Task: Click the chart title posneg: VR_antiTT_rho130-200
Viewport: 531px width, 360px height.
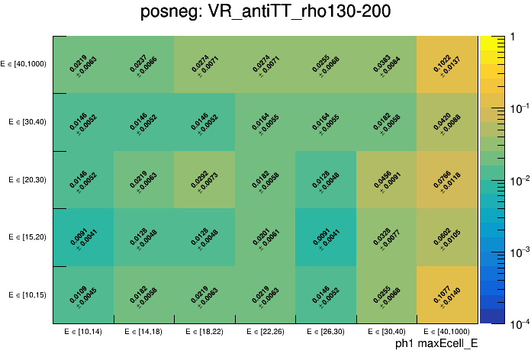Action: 265,13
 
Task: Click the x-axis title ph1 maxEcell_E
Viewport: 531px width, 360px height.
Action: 436,344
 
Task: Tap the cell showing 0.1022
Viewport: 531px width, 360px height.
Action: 447,65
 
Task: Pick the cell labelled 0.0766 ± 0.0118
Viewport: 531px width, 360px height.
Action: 447,180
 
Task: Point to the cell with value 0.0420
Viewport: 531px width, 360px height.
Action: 447,122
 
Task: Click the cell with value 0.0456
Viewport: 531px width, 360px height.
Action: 386,180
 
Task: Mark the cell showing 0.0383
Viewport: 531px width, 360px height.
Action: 386,65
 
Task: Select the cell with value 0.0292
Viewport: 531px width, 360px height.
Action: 204,180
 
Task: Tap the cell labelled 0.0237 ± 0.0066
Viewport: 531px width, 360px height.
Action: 144,65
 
